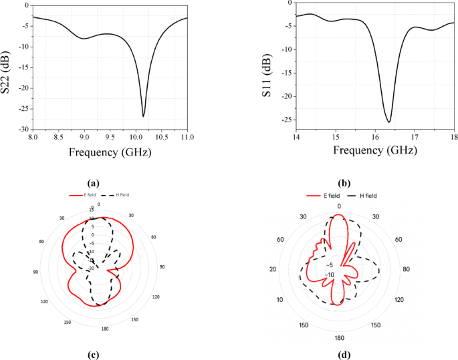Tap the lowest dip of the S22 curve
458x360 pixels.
point(143,116)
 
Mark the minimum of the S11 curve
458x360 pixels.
point(389,122)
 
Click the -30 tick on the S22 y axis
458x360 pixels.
point(23,129)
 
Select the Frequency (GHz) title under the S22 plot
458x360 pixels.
point(110,152)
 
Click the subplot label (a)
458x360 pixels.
point(93,182)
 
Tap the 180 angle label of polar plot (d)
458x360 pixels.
point(339,337)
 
